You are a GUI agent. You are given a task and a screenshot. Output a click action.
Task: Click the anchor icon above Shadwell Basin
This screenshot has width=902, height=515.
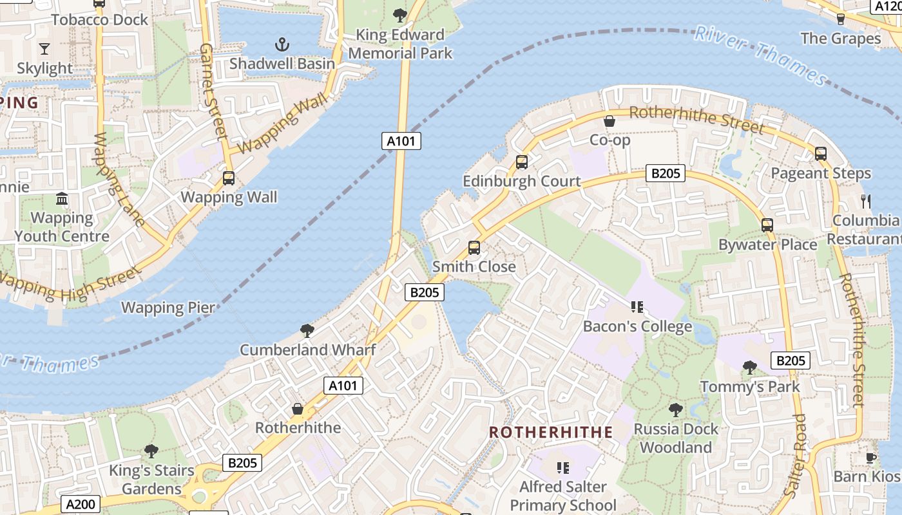[282, 44]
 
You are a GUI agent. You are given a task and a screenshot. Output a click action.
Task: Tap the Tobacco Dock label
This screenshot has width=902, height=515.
[100, 20]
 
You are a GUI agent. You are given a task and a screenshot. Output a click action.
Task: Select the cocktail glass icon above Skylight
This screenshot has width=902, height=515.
[44, 48]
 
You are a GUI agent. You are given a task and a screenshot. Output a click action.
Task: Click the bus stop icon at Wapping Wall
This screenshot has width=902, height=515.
[229, 178]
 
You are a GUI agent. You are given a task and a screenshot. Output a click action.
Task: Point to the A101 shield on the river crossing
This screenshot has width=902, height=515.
[401, 141]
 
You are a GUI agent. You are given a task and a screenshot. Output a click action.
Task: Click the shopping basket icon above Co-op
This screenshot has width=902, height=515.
[609, 121]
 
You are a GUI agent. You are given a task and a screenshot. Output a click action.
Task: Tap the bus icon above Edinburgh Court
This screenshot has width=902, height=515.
[522, 162]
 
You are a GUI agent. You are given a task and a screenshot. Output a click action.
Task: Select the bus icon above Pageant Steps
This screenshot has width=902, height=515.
[820, 154]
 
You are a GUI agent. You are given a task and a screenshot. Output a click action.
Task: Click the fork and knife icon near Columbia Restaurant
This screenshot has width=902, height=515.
[865, 201]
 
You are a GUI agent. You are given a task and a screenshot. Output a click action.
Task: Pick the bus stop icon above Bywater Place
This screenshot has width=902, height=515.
[767, 225]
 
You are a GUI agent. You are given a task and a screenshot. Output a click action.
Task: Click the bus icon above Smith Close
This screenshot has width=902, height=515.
[474, 247]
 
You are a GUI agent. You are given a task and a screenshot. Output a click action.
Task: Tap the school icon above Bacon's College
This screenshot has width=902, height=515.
[637, 307]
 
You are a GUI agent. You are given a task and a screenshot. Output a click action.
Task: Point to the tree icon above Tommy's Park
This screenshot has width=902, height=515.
[749, 368]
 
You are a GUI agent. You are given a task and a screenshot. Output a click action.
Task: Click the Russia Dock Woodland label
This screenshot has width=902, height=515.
[676, 438]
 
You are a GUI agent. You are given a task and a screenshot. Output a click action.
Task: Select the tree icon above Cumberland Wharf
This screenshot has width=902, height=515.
[307, 331]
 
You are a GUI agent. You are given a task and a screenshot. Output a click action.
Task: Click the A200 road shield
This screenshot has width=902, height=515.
[81, 503]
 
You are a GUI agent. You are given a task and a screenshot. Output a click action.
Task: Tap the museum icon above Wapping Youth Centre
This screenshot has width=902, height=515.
[62, 199]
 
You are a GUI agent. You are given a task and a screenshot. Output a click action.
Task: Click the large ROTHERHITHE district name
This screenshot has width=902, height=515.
[550, 432]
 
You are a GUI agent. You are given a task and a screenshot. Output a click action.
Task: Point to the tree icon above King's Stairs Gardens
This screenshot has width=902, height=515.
[151, 451]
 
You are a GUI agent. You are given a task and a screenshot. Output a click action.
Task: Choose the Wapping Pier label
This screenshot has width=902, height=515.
[168, 308]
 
